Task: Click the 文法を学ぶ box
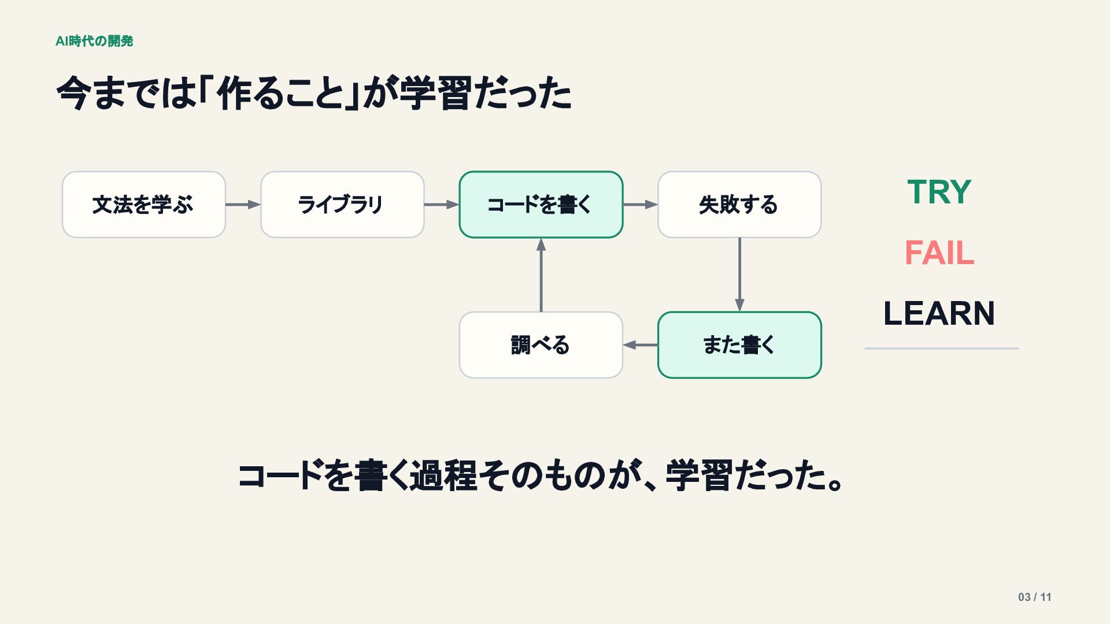click(144, 205)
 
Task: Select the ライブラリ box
click(342, 205)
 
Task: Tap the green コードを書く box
click(541, 205)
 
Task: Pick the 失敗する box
click(739, 205)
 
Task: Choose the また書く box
click(739, 345)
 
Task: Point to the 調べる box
click(541, 345)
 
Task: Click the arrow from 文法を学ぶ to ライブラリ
click(243, 205)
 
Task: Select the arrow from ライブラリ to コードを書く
click(442, 205)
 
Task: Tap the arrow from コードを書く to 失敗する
click(641, 205)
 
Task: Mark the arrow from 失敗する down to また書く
click(739, 274)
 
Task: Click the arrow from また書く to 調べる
click(641, 345)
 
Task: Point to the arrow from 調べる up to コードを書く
click(541, 275)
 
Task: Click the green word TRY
click(939, 192)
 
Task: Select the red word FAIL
click(939, 253)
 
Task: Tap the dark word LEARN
click(939, 314)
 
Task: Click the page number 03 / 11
click(1035, 597)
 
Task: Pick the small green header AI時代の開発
click(94, 41)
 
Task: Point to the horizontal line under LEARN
click(942, 348)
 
